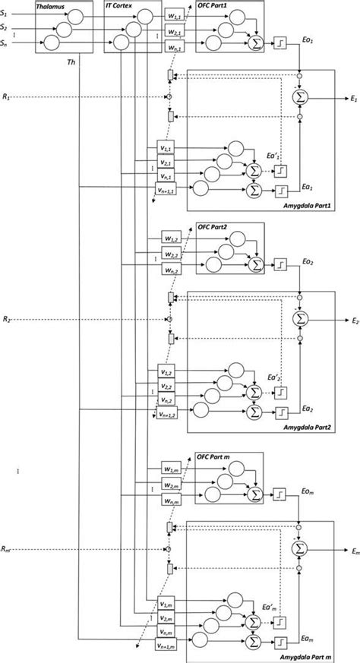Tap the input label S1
(x=5, y=14)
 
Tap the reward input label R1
(x=6, y=97)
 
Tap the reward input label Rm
(x=7, y=548)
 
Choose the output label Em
(x=353, y=548)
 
